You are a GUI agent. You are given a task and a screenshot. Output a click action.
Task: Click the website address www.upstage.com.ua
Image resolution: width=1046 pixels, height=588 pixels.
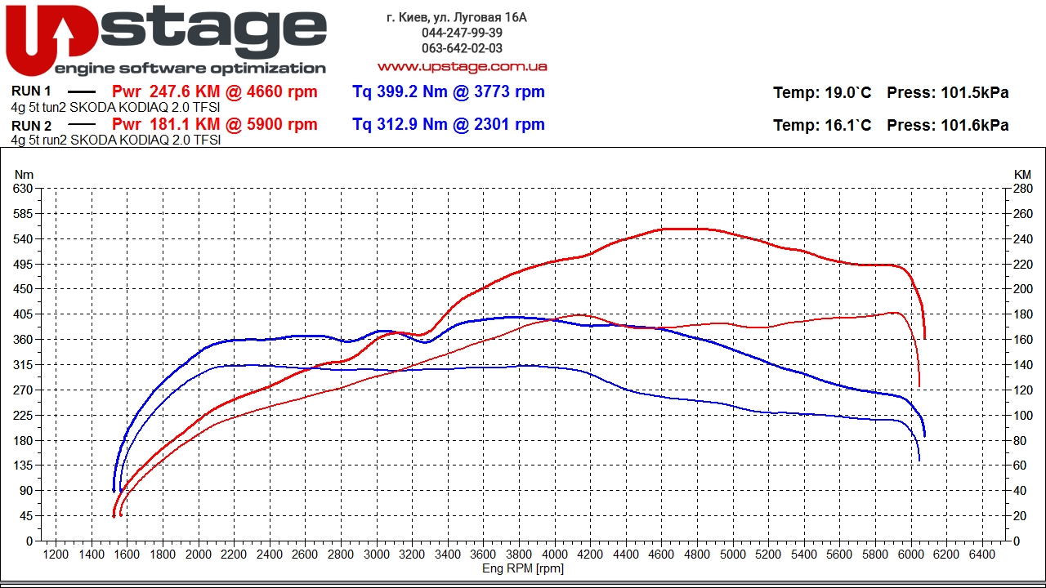(462, 66)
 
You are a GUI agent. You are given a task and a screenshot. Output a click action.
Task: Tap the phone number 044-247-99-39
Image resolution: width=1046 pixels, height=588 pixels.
(462, 33)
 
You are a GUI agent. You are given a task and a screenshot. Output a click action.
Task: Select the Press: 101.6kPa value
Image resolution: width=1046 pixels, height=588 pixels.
(947, 126)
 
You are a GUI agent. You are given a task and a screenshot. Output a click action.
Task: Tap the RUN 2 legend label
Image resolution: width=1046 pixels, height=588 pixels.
(32, 126)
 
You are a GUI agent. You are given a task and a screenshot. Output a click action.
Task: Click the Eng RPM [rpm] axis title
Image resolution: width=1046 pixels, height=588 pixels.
(523, 568)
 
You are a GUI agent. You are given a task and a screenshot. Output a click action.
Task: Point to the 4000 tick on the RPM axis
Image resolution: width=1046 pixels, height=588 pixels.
(555, 555)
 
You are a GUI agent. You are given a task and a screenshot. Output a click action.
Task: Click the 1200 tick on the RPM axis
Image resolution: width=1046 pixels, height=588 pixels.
(56, 555)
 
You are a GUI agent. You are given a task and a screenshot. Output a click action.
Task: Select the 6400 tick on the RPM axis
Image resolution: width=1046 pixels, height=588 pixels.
(982, 555)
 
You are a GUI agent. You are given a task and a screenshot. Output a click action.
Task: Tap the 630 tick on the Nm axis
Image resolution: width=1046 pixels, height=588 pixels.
(23, 189)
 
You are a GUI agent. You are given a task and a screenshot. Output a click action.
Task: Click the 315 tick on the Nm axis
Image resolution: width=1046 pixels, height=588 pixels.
(23, 365)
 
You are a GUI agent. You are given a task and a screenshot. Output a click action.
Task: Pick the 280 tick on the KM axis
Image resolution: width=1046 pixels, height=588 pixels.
(1022, 189)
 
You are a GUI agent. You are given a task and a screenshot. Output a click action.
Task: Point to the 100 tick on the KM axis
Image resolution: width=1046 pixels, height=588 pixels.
(1022, 416)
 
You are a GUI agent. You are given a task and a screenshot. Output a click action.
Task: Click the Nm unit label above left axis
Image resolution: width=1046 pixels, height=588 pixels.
(25, 174)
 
